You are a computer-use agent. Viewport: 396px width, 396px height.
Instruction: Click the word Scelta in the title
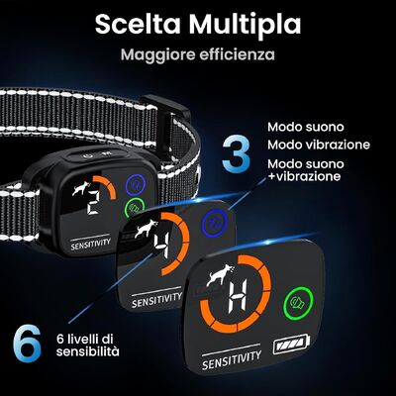[138, 24]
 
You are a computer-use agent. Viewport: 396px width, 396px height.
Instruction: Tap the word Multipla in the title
[245, 25]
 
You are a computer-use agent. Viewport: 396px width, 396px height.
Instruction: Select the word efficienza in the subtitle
[237, 54]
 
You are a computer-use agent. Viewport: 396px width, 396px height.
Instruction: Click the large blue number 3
[236, 155]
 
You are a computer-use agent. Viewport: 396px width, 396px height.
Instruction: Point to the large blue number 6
[27, 344]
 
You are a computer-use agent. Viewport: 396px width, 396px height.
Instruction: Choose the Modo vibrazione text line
[319, 145]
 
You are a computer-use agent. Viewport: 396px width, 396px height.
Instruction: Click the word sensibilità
[87, 351]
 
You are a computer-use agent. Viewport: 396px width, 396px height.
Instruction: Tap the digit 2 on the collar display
[93, 204]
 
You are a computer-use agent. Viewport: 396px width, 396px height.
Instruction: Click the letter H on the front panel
[238, 297]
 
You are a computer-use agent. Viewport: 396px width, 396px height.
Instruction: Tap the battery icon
[292, 345]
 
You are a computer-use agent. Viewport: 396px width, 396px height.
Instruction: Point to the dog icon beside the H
[221, 275]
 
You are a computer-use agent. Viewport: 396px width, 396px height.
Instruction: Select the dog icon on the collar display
[81, 188]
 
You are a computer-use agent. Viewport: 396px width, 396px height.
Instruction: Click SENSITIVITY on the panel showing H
[232, 360]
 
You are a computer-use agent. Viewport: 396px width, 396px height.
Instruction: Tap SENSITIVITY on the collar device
[90, 245]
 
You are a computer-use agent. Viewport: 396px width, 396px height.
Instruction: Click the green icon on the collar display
[136, 207]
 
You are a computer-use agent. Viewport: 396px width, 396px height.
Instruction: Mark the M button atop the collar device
[106, 153]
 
